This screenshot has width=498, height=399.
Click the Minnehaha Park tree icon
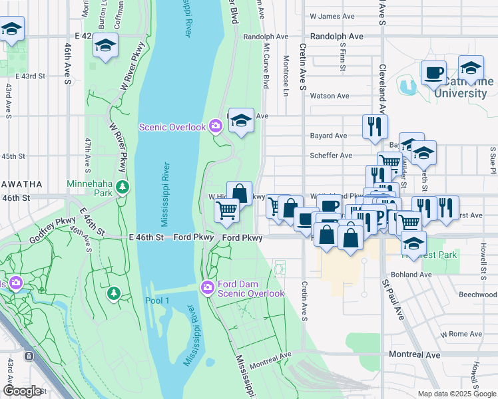(121, 187)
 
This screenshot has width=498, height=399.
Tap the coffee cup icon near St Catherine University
(433, 72)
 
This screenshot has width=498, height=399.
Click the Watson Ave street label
(330, 96)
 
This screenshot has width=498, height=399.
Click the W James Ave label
(332, 16)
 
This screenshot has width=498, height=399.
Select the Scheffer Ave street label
(331, 156)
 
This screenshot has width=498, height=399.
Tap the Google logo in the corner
(23, 390)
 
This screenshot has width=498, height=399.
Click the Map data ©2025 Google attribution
(456, 394)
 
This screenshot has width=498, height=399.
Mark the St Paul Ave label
(393, 299)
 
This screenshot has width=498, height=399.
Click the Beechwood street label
(478, 294)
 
